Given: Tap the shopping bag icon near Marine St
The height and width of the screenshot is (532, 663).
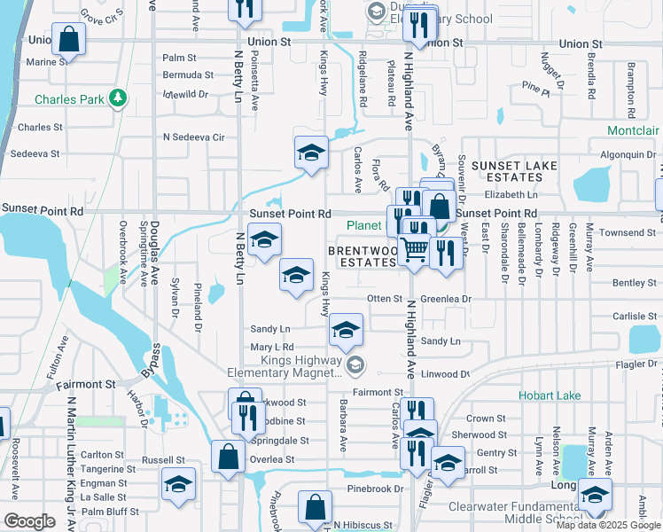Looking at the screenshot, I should (68, 39).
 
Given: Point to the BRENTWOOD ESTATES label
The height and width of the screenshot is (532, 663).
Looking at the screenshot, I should (362, 257).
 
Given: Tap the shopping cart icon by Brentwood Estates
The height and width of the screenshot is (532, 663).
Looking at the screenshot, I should (413, 249).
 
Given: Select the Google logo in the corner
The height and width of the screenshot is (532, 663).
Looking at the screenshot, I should (29, 521).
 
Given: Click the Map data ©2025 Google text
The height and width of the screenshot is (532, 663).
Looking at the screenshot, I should (609, 525).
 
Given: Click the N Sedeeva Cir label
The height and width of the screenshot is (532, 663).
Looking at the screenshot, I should (194, 137).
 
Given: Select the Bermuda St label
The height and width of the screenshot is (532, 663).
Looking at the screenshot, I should (188, 75).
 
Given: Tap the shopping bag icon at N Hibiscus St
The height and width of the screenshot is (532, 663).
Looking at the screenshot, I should (316, 509).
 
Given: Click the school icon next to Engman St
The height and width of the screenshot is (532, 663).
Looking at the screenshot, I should (178, 485).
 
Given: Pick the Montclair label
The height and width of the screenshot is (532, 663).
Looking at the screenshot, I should (633, 130).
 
